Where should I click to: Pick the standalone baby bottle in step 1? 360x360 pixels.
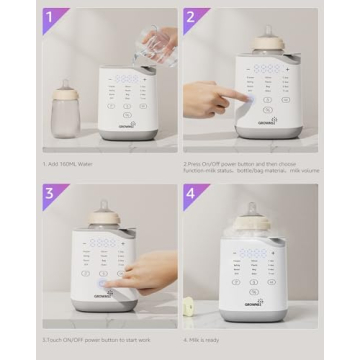coord(67,111)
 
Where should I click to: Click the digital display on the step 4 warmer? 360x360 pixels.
coord(266,250)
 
